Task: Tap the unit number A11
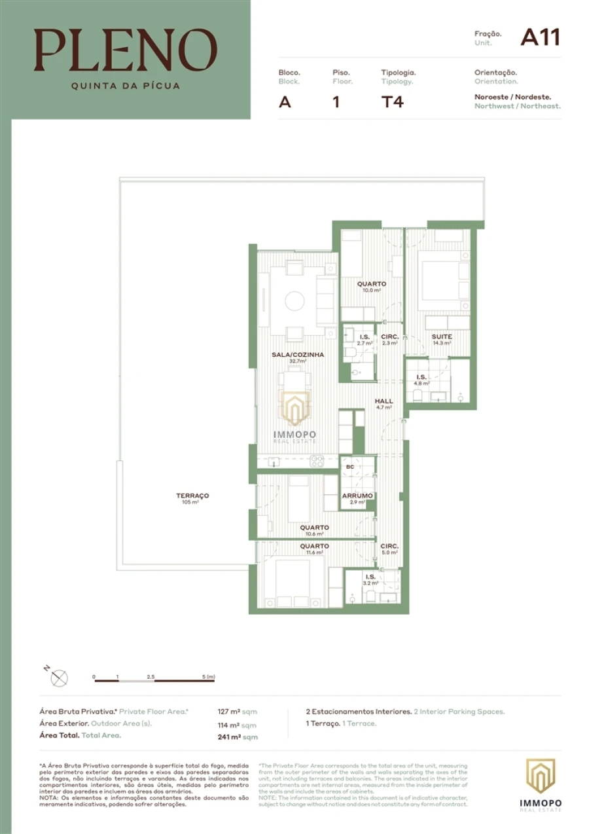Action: (540, 37)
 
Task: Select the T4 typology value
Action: (392, 101)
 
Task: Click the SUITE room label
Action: (442, 336)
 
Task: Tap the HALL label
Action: (384, 401)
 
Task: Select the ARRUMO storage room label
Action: (357, 496)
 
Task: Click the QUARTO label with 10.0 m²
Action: (371, 284)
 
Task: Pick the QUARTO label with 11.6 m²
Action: (314, 546)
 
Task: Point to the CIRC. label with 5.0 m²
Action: (389, 546)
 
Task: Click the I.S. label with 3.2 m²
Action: (370, 577)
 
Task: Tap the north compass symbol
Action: (59, 678)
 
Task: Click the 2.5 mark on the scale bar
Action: (151, 676)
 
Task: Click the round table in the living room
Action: (294, 301)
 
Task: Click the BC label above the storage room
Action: (350, 467)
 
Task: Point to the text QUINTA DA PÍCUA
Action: (125, 85)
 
